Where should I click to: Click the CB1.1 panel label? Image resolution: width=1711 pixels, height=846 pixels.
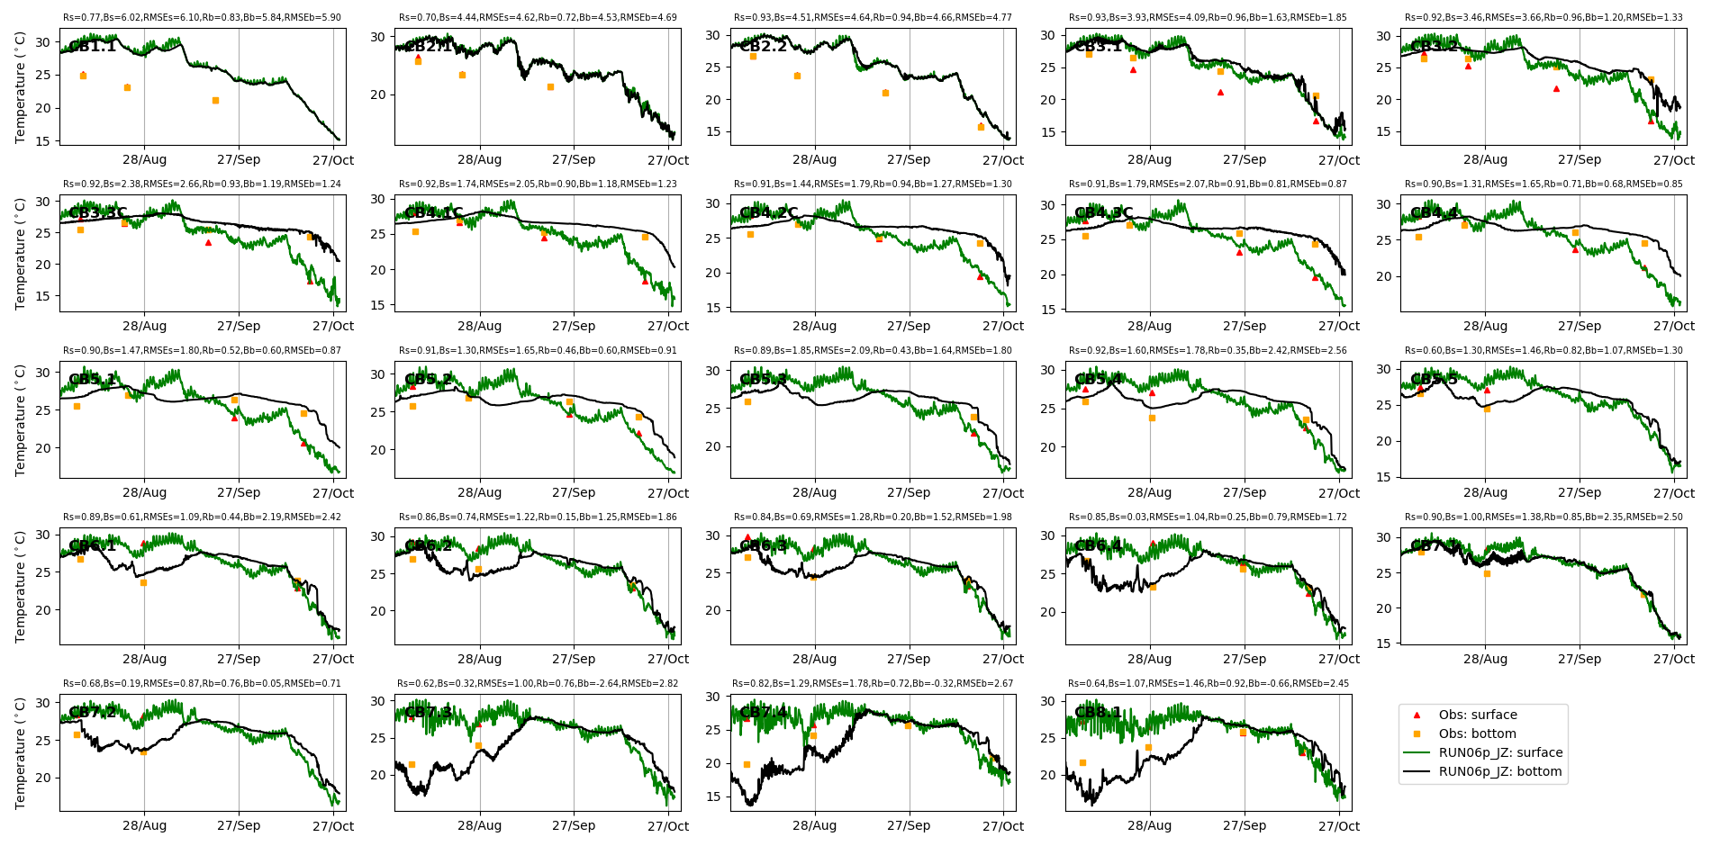click(x=93, y=47)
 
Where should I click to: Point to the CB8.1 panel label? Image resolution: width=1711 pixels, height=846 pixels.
click(x=1099, y=713)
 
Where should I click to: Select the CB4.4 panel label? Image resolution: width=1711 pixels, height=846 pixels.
click(x=1434, y=213)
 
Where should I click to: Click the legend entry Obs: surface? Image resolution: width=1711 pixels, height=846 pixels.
click(x=1478, y=715)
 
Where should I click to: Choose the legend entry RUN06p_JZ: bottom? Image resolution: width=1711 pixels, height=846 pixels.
click(x=1500, y=771)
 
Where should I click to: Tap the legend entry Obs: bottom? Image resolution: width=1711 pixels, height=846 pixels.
click(x=1477, y=733)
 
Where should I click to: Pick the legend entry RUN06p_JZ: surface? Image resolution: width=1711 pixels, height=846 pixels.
click(x=1500, y=752)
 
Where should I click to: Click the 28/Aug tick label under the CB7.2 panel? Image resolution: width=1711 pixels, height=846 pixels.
click(x=144, y=825)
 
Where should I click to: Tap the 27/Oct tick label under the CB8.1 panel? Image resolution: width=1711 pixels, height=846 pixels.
click(x=1339, y=825)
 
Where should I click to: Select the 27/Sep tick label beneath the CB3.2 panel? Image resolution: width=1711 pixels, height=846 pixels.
click(x=1580, y=159)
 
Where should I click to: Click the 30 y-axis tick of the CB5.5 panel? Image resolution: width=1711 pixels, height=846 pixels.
click(x=1383, y=369)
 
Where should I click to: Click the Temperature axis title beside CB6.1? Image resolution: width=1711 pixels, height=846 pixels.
click(x=21, y=586)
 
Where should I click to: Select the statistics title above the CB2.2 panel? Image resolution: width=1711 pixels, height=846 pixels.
click(x=873, y=18)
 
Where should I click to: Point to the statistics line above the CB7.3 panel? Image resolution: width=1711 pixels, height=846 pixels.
click(x=538, y=684)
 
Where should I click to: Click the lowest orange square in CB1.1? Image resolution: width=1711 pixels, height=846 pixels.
click(x=215, y=101)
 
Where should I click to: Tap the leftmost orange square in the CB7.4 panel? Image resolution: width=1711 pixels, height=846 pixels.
click(x=747, y=764)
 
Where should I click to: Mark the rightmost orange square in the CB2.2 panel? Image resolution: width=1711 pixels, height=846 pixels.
click(x=981, y=127)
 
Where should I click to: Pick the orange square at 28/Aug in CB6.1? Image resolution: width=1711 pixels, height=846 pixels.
click(x=143, y=582)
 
